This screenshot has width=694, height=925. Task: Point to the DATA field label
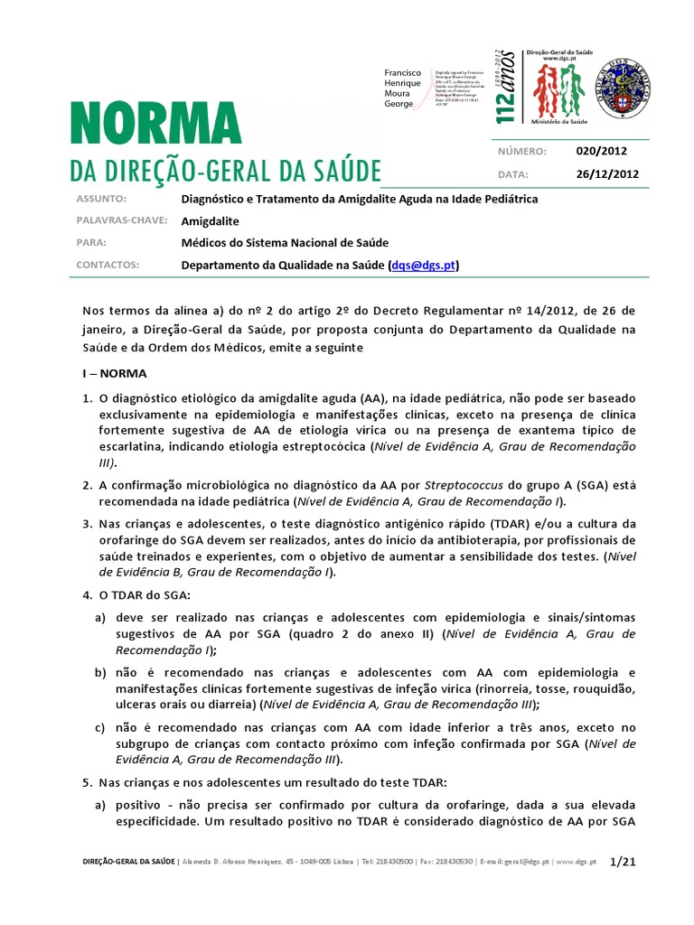512,174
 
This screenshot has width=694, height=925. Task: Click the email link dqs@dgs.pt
424,266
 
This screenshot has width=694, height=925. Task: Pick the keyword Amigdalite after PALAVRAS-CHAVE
211,220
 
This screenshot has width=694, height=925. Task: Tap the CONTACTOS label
108,266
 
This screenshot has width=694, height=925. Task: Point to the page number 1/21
624,862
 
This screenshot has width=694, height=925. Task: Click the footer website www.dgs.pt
578,863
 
